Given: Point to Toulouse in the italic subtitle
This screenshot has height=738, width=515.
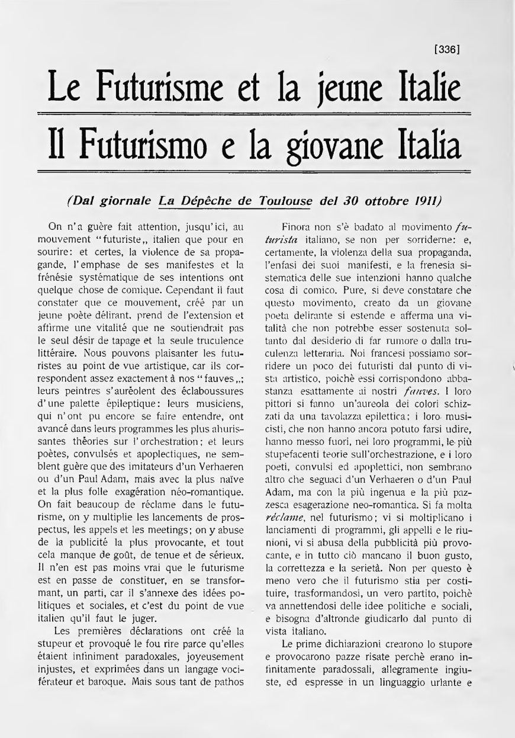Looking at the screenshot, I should click(286, 201).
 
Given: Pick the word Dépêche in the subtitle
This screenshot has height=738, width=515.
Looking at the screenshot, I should click(207, 201).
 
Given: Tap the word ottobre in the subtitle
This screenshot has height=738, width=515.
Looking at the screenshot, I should click(378, 201).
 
